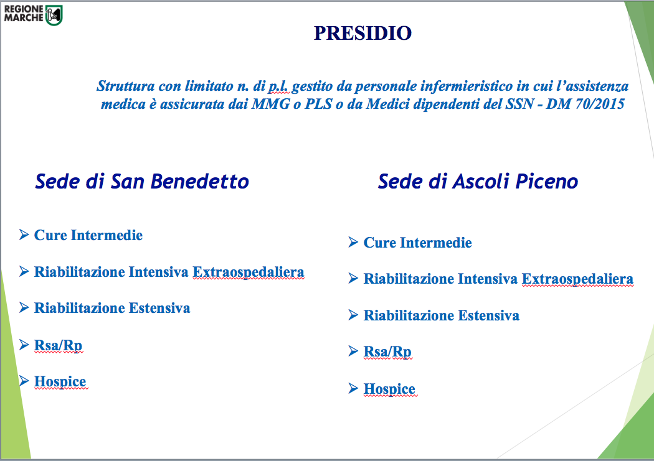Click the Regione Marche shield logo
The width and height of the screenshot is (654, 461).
[54, 15]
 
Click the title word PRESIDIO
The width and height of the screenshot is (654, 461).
[363, 34]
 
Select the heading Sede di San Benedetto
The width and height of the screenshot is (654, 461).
[142, 182]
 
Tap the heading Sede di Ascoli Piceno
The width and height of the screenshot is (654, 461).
[478, 182]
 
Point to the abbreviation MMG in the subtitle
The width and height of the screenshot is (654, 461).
[270, 104]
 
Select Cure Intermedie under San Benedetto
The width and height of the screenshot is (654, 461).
[88, 235]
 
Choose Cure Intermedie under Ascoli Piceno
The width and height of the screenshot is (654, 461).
[417, 243]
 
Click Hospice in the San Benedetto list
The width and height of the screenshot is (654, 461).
[60, 381]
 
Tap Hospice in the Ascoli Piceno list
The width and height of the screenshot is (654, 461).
[389, 389]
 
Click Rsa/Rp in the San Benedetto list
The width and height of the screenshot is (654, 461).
[58, 345]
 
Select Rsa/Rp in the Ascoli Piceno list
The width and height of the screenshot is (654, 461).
[387, 352]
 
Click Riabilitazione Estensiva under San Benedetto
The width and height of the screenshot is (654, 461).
[112, 308]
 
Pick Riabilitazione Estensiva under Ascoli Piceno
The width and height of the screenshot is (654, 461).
[441, 315]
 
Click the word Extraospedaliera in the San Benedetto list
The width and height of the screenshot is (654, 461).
[248, 272]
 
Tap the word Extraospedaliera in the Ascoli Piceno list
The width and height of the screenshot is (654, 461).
[577, 279]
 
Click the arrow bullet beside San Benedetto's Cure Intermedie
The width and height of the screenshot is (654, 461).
[24, 235]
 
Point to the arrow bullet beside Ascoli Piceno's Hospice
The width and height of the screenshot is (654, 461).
[353, 388]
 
